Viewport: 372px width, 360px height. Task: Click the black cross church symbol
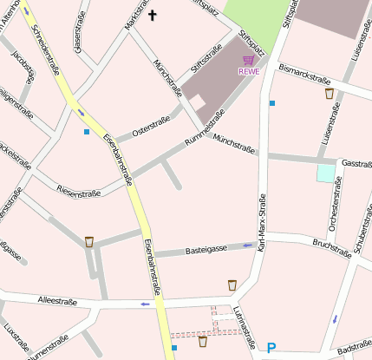[x=153, y=15]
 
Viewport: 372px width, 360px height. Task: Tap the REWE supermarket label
[x=249, y=71]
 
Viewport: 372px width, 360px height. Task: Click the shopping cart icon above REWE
[x=249, y=60]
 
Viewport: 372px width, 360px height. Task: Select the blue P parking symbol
[x=271, y=349]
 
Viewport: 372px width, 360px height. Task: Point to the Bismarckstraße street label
[x=304, y=75]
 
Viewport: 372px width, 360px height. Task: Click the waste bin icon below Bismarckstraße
[x=330, y=94]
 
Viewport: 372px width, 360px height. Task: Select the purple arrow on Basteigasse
[x=248, y=245]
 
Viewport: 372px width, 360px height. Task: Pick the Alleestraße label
[x=57, y=302]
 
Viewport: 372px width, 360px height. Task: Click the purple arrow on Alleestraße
[x=144, y=304]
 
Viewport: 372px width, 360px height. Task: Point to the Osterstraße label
[x=150, y=127]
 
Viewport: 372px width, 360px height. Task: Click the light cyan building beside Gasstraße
[x=325, y=172]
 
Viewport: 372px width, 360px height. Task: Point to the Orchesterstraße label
[x=335, y=205]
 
